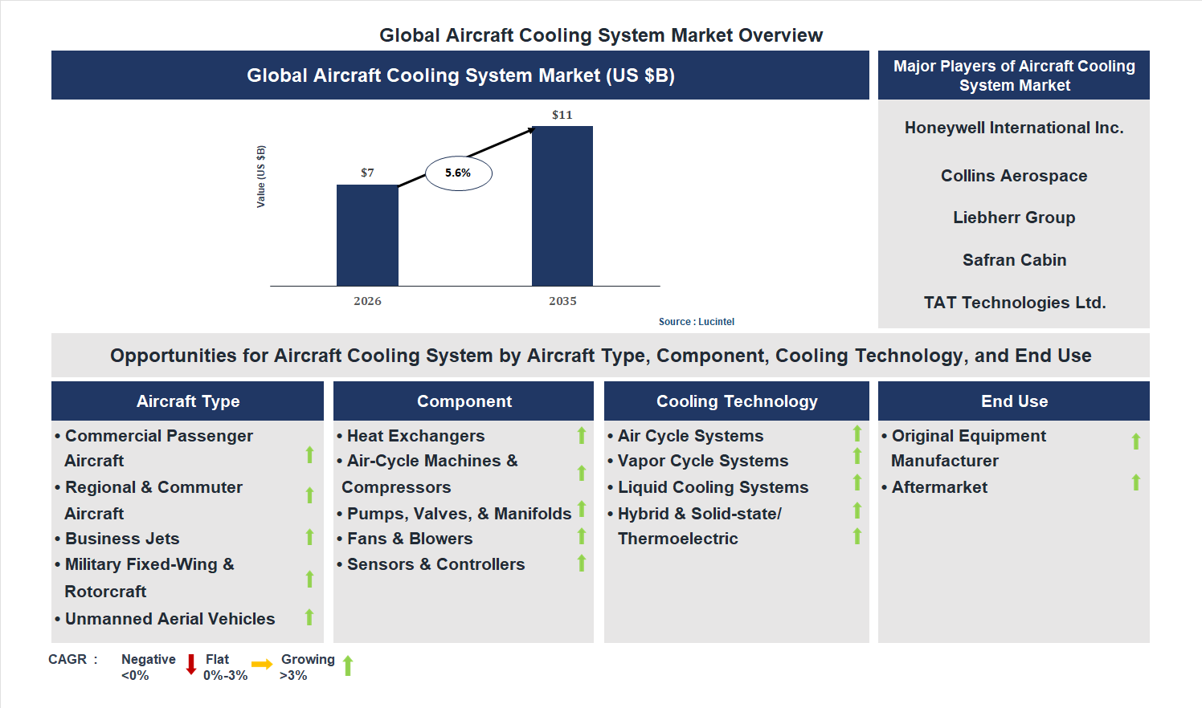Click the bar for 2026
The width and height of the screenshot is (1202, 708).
[x=367, y=235]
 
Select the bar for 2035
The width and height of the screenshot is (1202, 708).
[x=562, y=205]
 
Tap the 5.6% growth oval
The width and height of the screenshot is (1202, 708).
[x=458, y=173]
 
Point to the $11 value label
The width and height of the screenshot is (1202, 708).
[x=562, y=115]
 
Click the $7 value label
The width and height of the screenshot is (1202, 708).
[x=367, y=173]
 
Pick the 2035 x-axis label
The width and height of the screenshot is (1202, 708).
[x=562, y=301]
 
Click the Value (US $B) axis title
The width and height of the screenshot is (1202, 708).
[x=260, y=177]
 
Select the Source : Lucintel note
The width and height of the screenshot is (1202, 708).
[x=696, y=322]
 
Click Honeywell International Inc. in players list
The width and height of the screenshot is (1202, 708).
[x=1014, y=128]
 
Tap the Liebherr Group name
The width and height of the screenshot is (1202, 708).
[x=1014, y=218]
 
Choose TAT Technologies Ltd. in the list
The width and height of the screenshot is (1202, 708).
[x=1014, y=303]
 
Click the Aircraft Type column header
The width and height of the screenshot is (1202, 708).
[x=188, y=401]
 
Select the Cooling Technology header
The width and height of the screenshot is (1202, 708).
[x=737, y=401]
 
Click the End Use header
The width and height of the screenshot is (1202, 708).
[x=1014, y=401]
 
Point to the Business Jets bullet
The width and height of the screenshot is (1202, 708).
[x=122, y=539]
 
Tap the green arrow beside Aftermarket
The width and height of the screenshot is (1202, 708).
[x=1136, y=482]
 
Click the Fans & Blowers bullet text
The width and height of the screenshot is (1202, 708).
[x=410, y=539]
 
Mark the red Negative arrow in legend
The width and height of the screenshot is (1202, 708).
[x=191, y=665]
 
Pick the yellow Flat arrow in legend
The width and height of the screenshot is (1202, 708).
[x=262, y=665]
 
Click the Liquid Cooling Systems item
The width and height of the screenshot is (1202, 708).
[x=713, y=487]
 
